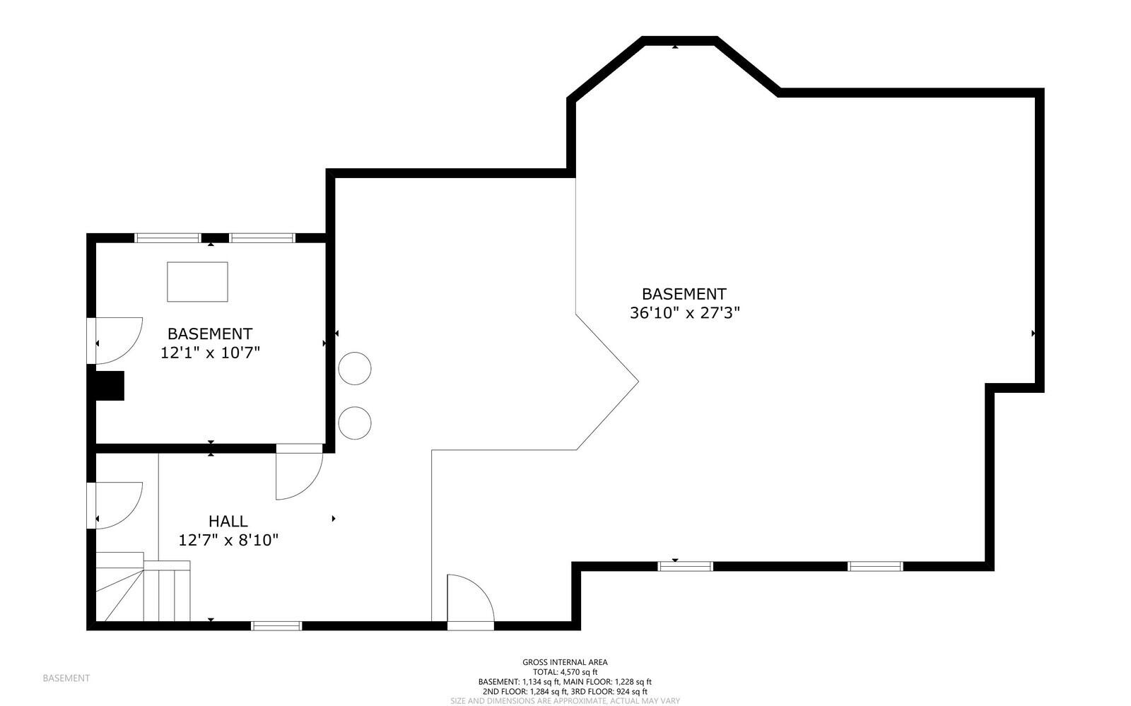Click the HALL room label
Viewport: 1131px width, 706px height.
(228, 522)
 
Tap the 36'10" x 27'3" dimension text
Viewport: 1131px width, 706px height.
(684, 312)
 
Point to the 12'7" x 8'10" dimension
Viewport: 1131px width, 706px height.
(228, 541)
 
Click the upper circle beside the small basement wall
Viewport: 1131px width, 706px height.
(355, 368)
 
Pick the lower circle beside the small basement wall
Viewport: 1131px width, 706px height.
(355, 423)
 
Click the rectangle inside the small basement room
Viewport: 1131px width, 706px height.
(197, 281)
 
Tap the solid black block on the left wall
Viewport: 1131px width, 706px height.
(110, 386)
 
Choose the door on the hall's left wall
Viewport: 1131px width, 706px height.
(117, 505)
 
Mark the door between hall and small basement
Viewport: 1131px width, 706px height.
(299, 472)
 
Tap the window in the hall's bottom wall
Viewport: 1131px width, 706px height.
(276, 625)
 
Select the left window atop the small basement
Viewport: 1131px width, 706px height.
(168, 238)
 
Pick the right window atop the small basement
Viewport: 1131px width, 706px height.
(262, 238)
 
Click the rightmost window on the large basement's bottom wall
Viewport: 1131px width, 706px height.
(875, 566)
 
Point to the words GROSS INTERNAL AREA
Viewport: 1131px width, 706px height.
(565, 662)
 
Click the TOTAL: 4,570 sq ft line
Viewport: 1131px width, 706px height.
(565, 672)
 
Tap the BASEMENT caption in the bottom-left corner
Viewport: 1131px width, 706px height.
(66, 678)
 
